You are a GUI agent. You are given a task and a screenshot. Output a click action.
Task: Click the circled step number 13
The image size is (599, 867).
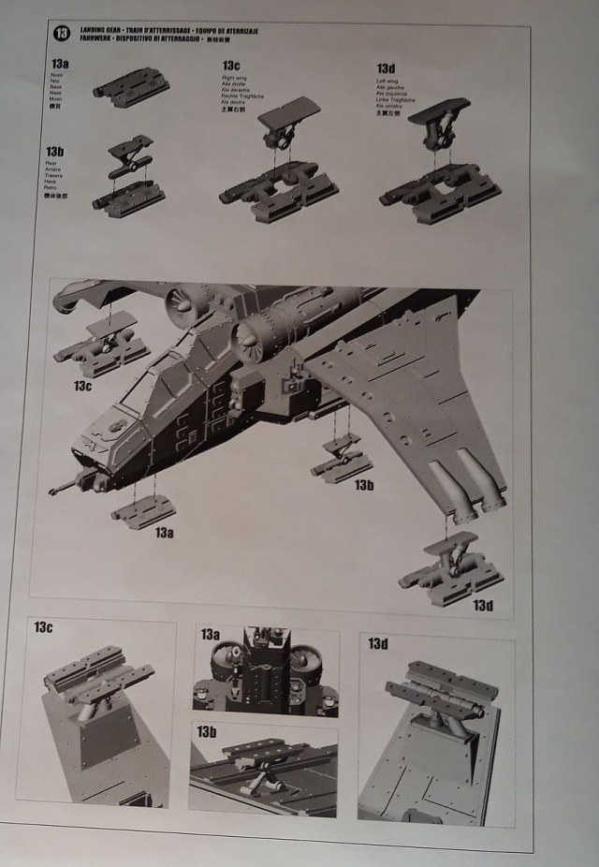[62, 34]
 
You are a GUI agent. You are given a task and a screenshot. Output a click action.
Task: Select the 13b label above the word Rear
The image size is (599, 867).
[54, 152]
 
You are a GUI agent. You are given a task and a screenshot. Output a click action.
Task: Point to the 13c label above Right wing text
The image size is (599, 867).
[231, 66]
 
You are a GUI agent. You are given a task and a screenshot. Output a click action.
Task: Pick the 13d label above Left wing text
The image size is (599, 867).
[385, 68]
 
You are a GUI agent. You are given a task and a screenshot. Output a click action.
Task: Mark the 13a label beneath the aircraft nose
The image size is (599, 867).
[165, 532]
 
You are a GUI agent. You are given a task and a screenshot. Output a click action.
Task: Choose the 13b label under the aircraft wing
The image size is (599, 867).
[364, 485]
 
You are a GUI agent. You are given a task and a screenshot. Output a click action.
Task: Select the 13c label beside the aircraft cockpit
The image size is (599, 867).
[83, 385]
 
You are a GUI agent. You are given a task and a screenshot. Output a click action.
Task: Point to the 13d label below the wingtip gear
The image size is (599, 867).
[482, 606]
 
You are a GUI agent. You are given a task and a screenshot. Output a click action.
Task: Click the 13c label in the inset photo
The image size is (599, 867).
[44, 626]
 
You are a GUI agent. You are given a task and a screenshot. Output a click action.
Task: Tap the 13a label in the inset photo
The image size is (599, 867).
[210, 635]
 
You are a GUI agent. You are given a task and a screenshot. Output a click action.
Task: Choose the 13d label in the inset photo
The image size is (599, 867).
[377, 643]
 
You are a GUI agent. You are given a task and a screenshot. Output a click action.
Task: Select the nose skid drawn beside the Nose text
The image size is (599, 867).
[131, 85]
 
